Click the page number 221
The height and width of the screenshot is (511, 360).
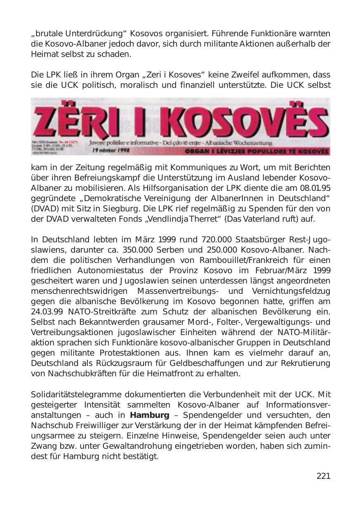pos(323,476)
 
